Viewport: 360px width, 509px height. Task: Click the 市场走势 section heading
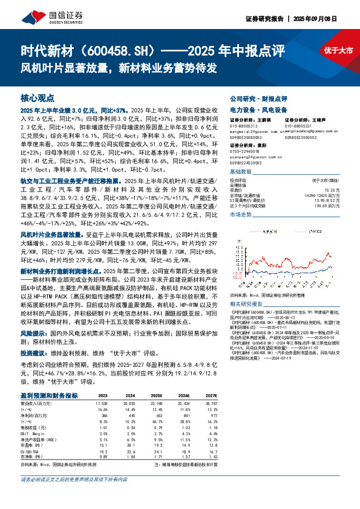[x=241, y=215]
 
